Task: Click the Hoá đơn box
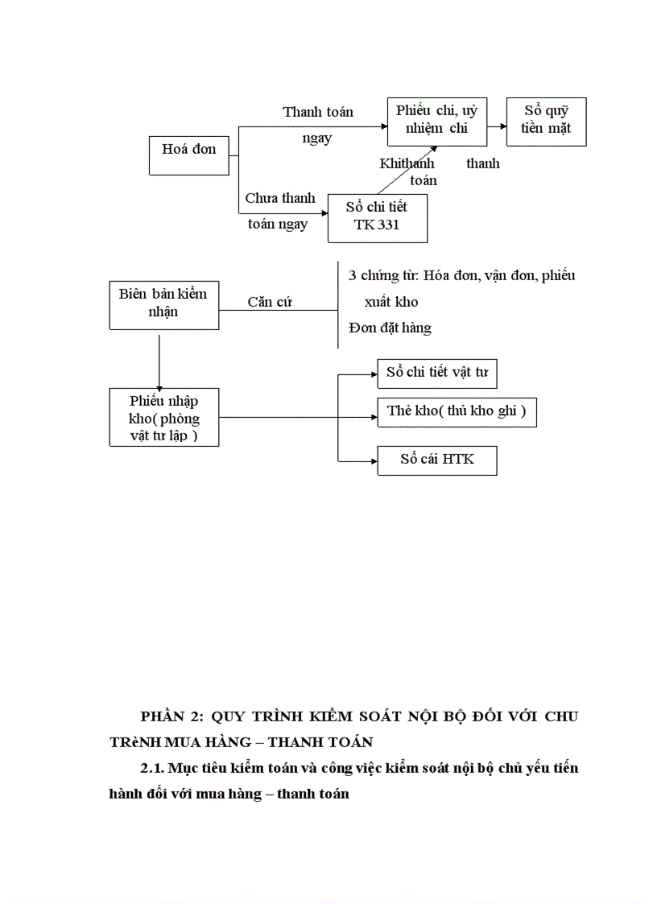tap(188, 155)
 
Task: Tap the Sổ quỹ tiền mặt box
tap(546, 121)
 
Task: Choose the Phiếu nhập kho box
tap(163, 417)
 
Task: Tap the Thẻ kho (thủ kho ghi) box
tap(457, 411)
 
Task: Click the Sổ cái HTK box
tap(437, 459)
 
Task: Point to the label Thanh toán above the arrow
tap(317, 113)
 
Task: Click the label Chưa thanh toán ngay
tap(279, 211)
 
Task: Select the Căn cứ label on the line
tap(270, 303)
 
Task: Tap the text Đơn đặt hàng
tap(390, 328)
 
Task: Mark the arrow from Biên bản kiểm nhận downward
tap(159, 359)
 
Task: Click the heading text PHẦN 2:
tap(171, 716)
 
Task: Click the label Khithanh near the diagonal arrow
tap(406, 163)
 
